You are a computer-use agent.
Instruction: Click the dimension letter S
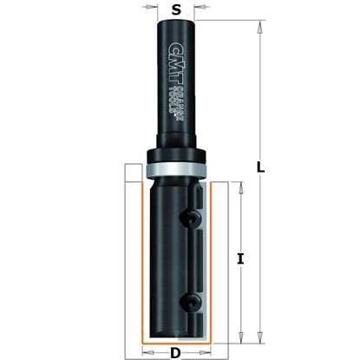coord(177,11)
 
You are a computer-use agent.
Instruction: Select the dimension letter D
coord(176,354)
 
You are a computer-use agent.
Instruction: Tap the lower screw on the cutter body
coord(190,301)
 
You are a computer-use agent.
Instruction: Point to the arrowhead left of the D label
coord(147,354)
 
